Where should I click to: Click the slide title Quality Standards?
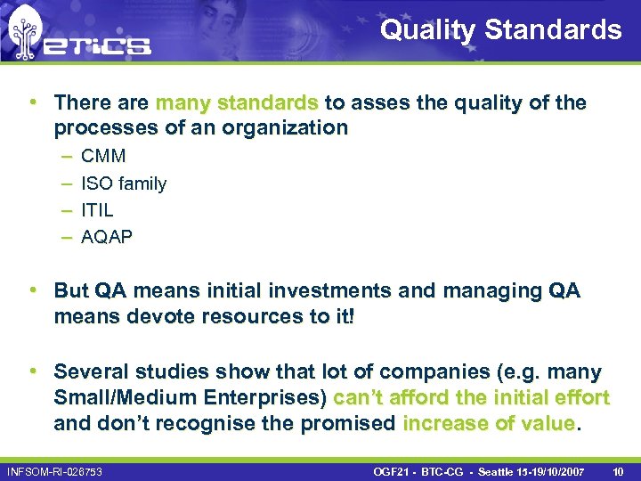(x=501, y=30)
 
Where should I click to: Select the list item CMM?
(x=103, y=156)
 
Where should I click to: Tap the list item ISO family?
(x=124, y=183)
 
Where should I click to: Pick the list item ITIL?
(x=97, y=210)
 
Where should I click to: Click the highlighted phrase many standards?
(x=236, y=102)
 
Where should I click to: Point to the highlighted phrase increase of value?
(x=490, y=423)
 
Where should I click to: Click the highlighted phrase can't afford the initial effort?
(x=471, y=397)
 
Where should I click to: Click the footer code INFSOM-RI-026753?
(x=54, y=470)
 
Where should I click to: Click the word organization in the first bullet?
(x=285, y=127)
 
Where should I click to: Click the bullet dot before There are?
(x=31, y=102)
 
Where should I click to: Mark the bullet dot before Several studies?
(x=31, y=371)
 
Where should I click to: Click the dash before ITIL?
(x=67, y=210)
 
